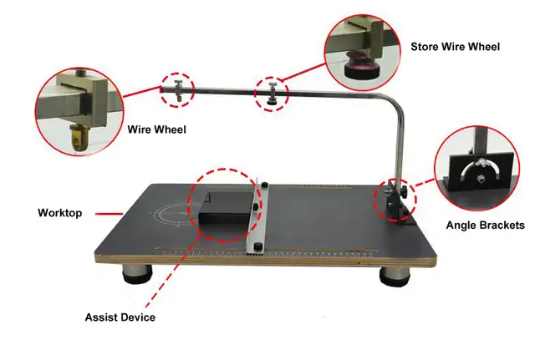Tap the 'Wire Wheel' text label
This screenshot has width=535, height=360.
pos(156,129)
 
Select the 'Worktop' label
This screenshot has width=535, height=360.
pos(59,213)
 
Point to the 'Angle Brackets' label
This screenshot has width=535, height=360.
pos(485,225)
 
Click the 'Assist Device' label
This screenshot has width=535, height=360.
pos(120,317)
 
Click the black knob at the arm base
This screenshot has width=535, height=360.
pos(404,195)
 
